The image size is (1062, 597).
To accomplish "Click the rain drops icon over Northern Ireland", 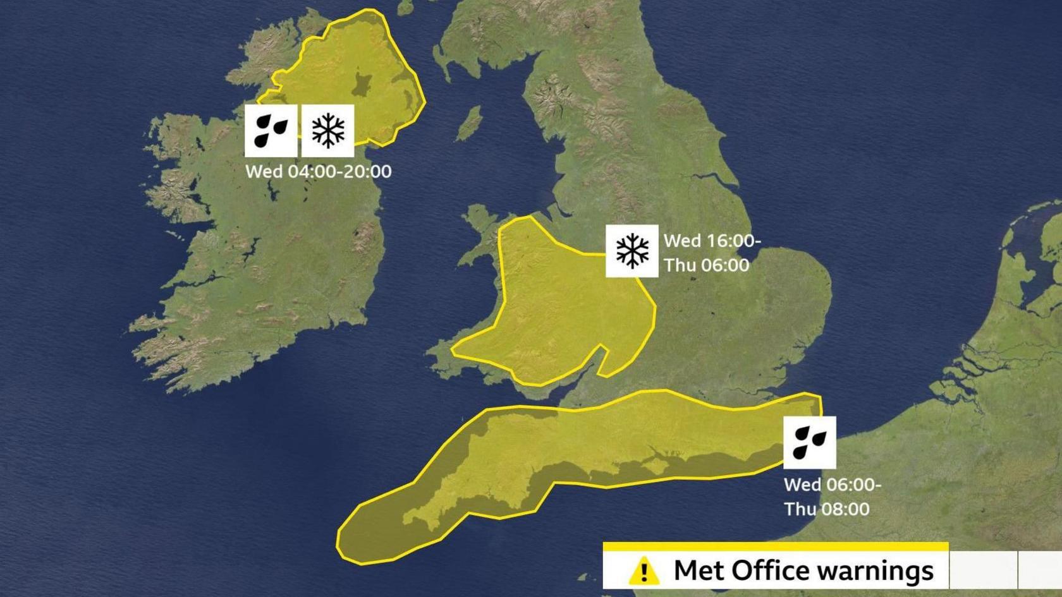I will coord(271,130).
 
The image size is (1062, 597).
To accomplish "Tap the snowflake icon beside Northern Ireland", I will coord(327,130).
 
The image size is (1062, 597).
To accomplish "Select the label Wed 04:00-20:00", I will coord(318,172).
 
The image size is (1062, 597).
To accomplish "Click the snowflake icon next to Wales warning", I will coord(632,251).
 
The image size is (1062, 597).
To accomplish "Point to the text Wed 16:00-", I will coord(712,241).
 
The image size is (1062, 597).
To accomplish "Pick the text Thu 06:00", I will coord(706,265).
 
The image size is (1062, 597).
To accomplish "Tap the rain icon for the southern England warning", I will coord(809,442).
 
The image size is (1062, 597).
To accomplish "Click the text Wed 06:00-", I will coord(832,485).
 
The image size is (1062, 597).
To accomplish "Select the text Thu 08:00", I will coord(826,509).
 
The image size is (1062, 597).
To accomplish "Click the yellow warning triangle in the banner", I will coord(644,570).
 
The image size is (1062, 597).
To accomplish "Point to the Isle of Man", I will coord(469,123).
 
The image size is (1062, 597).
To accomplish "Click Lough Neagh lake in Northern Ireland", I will coord(363,84).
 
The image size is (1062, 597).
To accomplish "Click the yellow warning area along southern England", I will coord(569,442).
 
